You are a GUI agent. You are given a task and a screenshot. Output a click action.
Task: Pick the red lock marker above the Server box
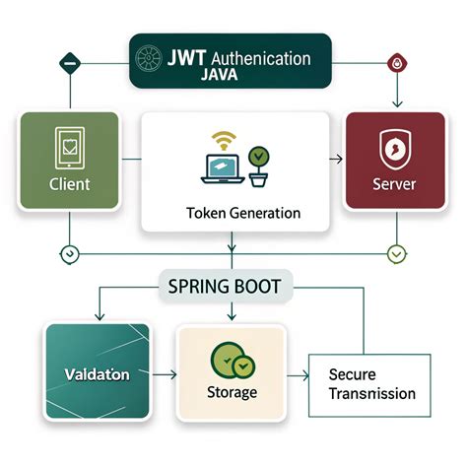click(396, 60)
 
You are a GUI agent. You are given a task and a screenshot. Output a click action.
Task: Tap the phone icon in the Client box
click(69, 148)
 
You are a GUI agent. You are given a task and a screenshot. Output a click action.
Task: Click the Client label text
click(69, 184)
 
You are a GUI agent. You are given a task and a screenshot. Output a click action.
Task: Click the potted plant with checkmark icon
click(259, 166)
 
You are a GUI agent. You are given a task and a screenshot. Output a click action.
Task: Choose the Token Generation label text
click(235, 213)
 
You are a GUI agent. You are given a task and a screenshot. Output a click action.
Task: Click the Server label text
click(394, 185)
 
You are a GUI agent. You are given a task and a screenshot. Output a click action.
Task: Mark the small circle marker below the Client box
click(68, 253)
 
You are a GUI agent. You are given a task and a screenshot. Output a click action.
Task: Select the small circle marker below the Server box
click(396, 253)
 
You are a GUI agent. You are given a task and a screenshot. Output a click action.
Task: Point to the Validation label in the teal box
click(97, 375)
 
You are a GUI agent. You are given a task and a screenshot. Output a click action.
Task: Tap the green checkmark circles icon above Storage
click(233, 362)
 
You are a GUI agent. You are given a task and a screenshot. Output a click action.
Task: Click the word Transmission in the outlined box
click(372, 394)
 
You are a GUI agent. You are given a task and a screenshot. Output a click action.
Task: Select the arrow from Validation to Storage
click(163, 375)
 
